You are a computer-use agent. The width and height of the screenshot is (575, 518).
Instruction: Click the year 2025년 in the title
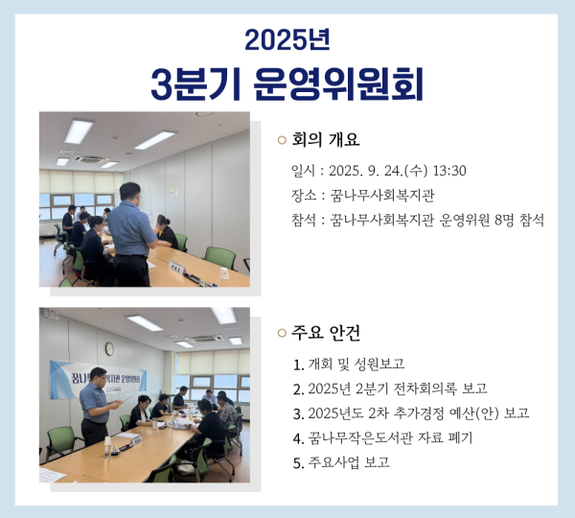287,39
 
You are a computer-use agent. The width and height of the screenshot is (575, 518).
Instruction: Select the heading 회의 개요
325,140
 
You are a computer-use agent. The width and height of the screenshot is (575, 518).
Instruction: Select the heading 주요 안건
325,333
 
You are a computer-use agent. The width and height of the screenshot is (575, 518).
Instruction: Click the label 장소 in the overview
303,196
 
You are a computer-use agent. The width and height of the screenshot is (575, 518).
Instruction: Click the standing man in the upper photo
130,240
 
